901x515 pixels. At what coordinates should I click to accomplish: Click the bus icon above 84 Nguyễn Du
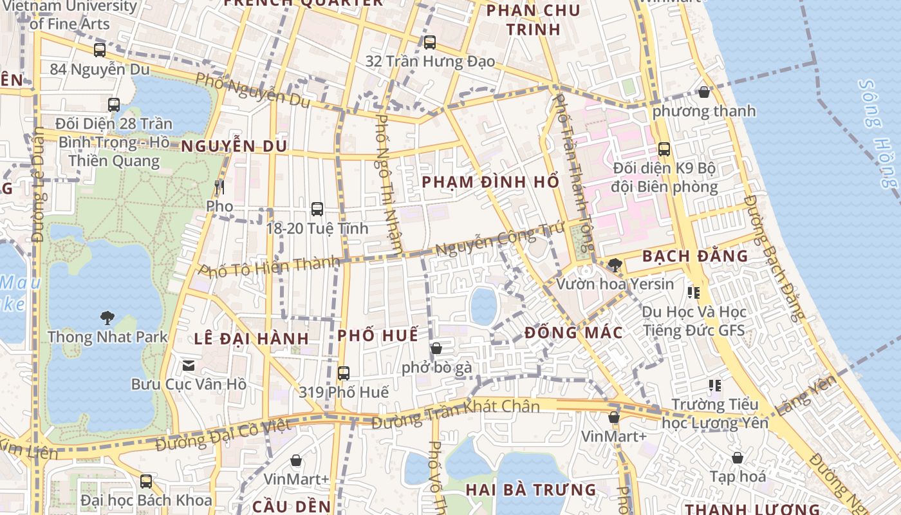pyautogui.click(x=100, y=50)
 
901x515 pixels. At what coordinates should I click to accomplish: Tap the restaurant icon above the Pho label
pyautogui.click(x=219, y=187)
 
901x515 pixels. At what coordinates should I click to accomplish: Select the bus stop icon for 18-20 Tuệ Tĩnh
pyautogui.click(x=317, y=209)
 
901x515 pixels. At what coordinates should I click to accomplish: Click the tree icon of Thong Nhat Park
pyautogui.click(x=107, y=317)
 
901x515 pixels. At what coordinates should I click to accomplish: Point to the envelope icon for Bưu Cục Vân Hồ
pyautogui.click(x=189, y=366)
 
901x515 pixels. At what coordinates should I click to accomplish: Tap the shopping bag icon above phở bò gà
pyautogui.click(x=436, y=348)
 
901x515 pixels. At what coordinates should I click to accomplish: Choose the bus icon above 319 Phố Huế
pyautogui.click(x=344, y=373)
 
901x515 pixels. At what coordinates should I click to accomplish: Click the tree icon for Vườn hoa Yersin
pyautogui.click(x=615, y=265)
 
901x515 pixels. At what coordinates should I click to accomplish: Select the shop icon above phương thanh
pyautogui.click(x=704, y=92)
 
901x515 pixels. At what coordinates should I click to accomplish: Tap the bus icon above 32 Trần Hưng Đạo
pyautogui.click(x=430, y=42)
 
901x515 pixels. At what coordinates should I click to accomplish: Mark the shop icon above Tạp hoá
pyautogui.click(x=738, y=458)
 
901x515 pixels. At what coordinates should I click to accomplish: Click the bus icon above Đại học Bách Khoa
pyautogui.click(x=146, y=481)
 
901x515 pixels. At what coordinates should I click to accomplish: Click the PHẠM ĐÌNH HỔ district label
pyautogui.click(x=490, y=182)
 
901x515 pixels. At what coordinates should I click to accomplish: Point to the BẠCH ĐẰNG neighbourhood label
pyautogui.click(x=695, y=256)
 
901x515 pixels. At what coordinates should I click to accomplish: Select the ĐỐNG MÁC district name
pyautogui.click(x=573, y=333)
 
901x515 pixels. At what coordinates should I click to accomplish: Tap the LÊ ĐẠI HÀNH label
pyautogui.click(x=252, y=339)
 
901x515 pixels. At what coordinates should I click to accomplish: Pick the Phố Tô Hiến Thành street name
pyautogui.click(x=269, y=267)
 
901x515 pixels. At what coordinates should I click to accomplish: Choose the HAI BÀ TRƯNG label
pyautogui.click(x=531, y=490)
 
